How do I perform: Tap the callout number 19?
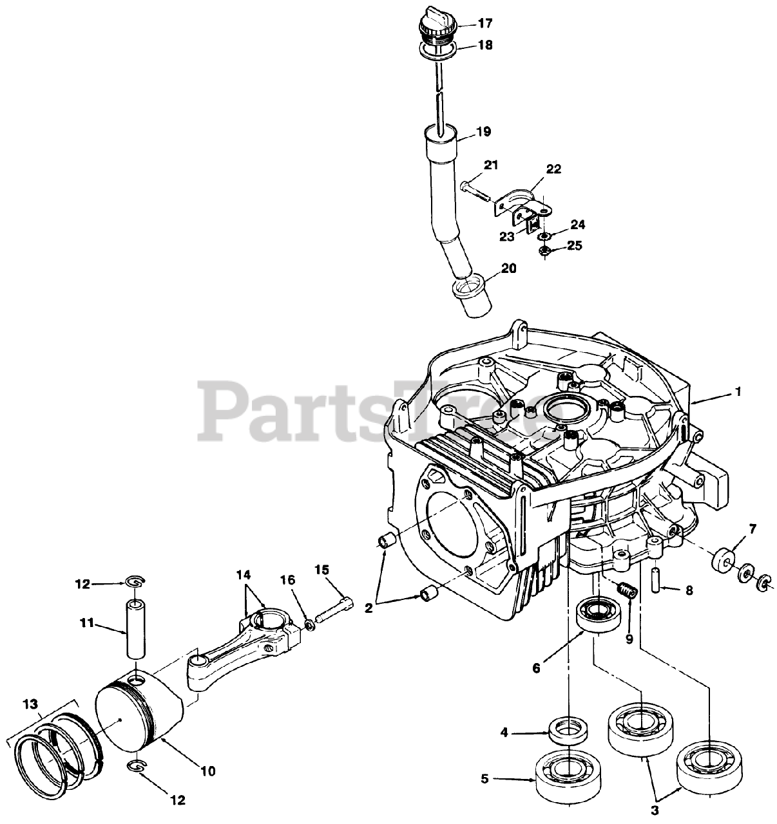[483, 132]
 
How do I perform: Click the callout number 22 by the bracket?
[553, 169]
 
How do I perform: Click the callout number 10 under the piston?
[208, 770]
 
